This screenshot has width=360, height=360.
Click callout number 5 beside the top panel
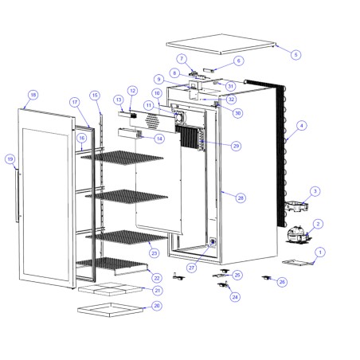[x=296, y=55]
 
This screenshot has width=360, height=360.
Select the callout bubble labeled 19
[x=10, y=158]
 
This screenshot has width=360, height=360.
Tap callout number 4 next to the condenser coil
[x=301, y=125]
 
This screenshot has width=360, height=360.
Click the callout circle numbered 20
[x=156, y=305]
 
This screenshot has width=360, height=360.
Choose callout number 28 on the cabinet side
[x=241, y=197]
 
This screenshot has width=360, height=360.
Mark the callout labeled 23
[x=154, y=253]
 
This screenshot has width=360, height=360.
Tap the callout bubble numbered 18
[x=33, y=95]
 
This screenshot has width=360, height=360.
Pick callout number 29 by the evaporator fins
[x=237, y=146]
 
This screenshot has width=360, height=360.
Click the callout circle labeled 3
[x=315, y=191]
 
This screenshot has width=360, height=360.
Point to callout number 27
[x=192, y=268]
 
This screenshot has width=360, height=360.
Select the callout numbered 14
[x=159, y=139]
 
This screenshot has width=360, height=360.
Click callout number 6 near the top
[x=239, y=61]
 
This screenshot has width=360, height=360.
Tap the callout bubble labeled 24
[x=234, y=296]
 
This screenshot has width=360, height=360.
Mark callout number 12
[x=132, y=91]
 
